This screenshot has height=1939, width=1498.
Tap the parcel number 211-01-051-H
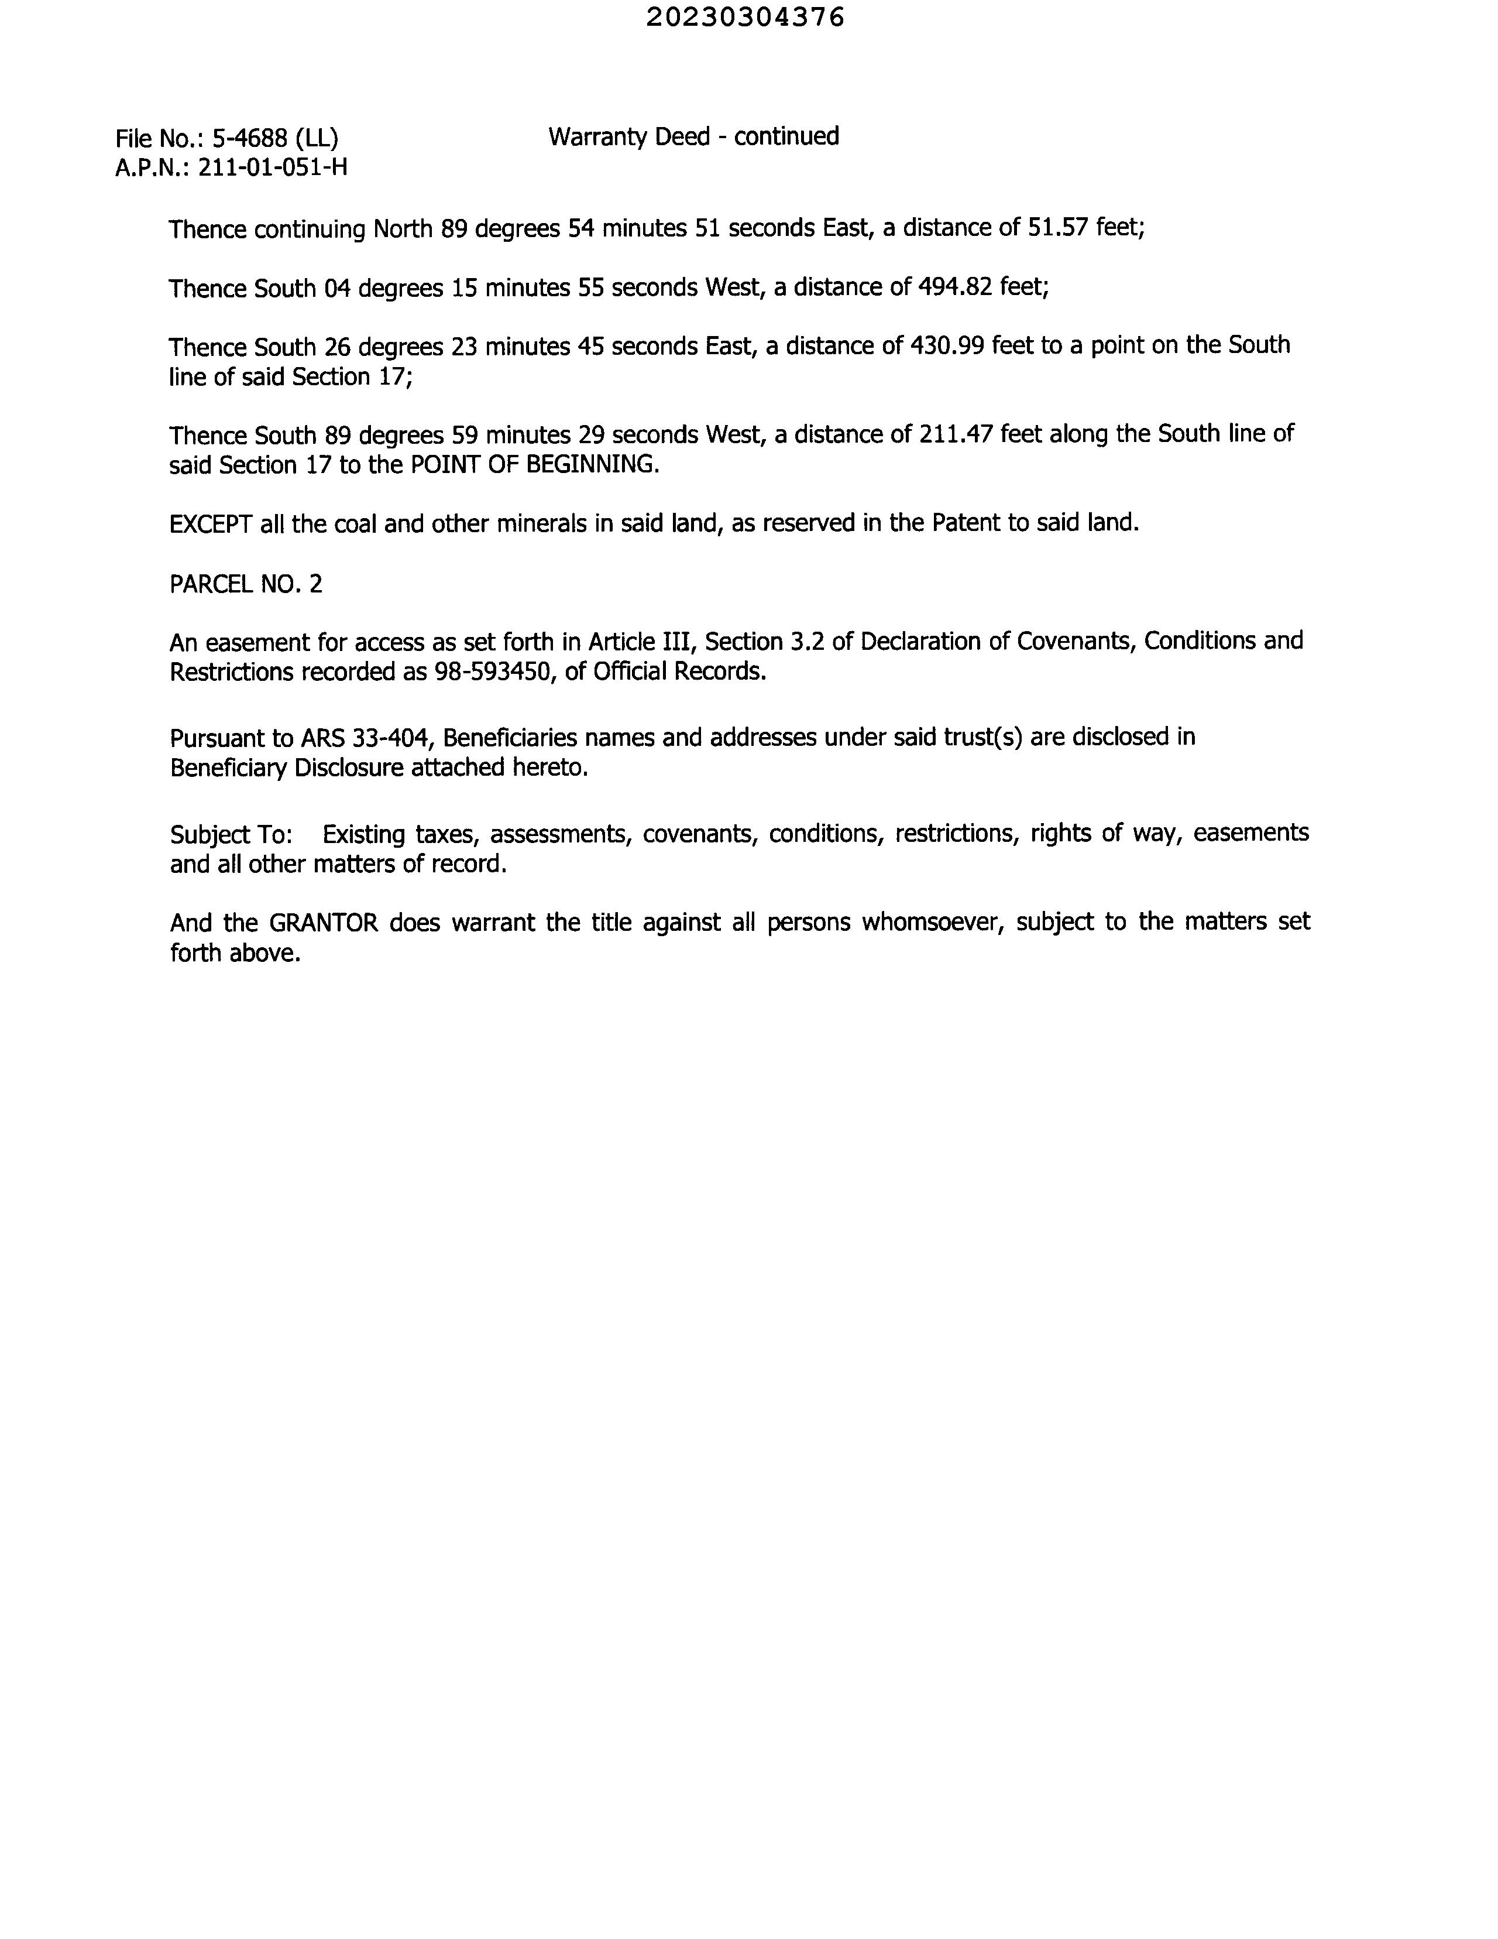click(273, 167)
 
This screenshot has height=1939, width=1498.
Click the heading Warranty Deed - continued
click(693, 137)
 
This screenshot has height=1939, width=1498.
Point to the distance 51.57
click(1058, 228)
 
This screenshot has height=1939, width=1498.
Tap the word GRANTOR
click(323, 923)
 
